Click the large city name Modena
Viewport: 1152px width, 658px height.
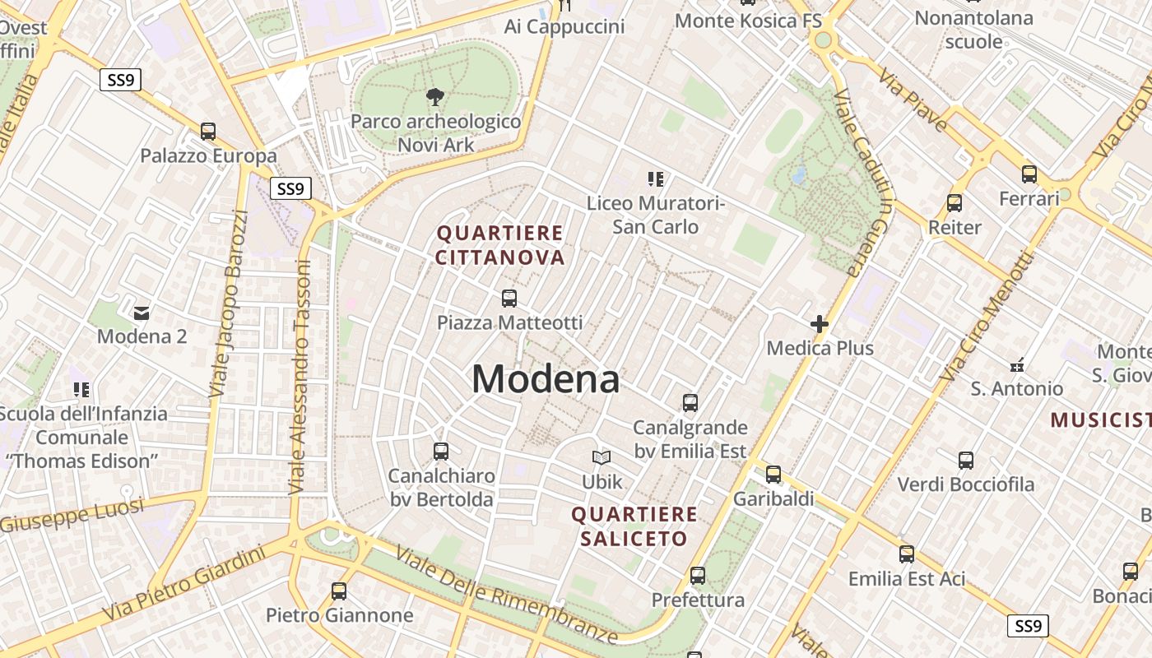(x=546, y=379)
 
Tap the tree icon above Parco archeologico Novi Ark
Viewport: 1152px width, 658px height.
(x=434, y=98)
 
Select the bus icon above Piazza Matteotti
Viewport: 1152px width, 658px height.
(x=509, y=299)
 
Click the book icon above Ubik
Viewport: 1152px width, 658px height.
(x=602, y=458)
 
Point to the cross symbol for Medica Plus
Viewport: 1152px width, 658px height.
(x=820, y=324)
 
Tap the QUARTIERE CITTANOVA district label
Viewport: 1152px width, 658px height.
(x=500, y=245)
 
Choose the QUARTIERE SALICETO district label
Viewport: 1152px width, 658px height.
(x=634, y=526)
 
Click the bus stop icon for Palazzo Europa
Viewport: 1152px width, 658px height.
(x=208, y=132)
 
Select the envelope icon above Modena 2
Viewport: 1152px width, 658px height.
(x=142, y=313)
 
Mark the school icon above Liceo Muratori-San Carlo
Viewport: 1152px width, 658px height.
(x=656, y=178)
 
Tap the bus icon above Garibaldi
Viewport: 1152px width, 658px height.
(x=773, y=475)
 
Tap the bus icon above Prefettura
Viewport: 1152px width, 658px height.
(x=698, y=576)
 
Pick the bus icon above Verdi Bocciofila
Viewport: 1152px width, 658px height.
(x=966, y=461)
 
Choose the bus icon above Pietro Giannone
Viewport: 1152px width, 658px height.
(x=339, y=591)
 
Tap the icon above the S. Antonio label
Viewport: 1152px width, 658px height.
(x=1017, y=364)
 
